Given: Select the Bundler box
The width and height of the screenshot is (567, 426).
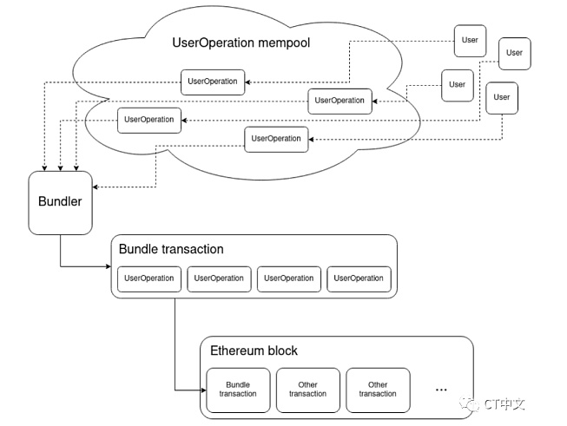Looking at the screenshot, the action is [61, 203].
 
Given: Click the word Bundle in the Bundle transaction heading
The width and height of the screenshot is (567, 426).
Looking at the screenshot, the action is [138, 249].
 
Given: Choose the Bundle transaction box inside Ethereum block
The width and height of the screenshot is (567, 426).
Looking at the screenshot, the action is [238, 390].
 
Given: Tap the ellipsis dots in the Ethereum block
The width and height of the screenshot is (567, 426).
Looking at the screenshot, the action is [441, 390].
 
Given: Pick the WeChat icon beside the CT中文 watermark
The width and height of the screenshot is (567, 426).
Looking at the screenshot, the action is [470, 403].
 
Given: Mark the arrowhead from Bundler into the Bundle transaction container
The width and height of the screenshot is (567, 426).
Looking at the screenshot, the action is [109, 266].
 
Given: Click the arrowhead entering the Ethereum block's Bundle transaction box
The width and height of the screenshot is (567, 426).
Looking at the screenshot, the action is [204, 390].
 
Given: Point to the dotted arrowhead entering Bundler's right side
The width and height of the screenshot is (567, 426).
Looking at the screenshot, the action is [96, 187].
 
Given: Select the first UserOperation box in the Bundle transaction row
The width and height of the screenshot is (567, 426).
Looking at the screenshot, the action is [149, 279].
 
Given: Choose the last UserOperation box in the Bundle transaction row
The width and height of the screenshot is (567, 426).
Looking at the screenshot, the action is [359, 279].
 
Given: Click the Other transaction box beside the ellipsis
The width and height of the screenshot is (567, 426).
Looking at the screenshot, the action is [378, 390].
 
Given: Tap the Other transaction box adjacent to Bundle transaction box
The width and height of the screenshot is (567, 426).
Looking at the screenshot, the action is [308, 390].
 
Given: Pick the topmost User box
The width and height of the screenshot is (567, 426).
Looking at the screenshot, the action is [470, 41].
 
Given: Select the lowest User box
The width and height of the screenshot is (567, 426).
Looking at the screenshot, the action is [502, 98].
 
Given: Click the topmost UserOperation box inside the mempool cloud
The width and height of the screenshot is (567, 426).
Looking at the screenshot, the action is [213, 82].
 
